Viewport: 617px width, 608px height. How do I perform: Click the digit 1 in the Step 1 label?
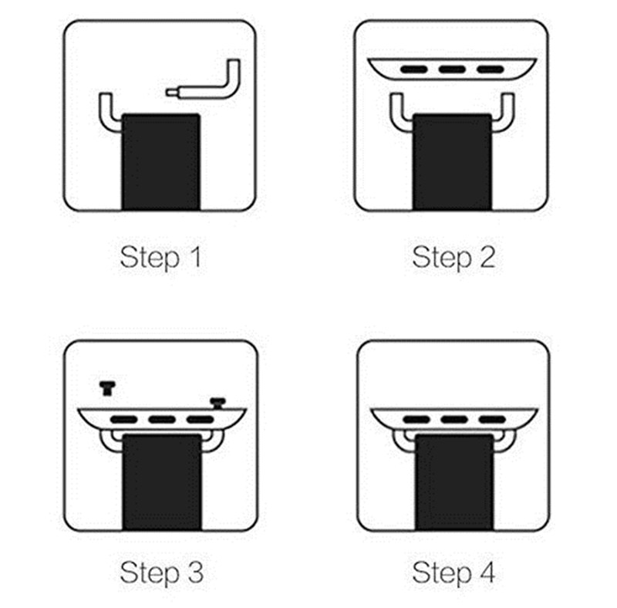point(196,257)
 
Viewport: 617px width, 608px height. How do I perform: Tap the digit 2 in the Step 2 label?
point(487,257)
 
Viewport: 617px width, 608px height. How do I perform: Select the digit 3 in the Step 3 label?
point(196,572)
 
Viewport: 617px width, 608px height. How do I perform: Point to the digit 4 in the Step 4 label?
point(487,572)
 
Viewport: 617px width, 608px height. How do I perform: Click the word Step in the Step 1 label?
point(150,258)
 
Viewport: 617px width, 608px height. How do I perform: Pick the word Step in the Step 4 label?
point(441,573)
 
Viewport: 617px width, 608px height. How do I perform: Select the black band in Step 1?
point(161,162)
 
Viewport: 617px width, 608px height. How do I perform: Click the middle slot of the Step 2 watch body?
point(452,69)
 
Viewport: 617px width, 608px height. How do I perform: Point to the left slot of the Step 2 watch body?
point(414,69)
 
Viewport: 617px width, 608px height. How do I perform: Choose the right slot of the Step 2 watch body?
point(491,69)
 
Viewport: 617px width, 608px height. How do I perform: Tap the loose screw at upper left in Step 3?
point(107,388)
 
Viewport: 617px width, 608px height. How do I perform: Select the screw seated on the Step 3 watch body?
point(217,404)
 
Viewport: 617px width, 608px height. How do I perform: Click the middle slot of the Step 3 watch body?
point(162,420)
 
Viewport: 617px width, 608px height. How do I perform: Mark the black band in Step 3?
point(162,482)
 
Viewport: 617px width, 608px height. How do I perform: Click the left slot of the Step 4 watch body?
point(416,420)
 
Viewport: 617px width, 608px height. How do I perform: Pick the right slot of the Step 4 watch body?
point(492,420)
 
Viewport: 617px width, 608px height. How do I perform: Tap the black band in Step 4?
point(454,482)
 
